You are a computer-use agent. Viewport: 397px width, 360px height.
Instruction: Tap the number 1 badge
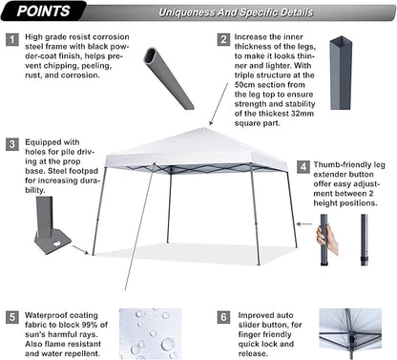(x=11, y=40)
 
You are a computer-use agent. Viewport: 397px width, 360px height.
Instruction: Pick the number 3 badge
(x=11, y=144)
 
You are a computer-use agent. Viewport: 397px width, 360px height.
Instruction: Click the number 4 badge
(x=303, y=165)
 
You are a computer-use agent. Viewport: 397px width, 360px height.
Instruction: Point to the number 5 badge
(x=11, y=315)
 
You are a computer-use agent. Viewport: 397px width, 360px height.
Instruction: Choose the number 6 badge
(x=222, y=315)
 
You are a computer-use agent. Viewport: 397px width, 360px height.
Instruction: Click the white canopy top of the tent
(x=196, y=151)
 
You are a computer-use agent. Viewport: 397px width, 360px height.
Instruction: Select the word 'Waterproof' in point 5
(x=49, y=311)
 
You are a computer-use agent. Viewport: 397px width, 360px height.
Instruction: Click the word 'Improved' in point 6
(x=256, y=311)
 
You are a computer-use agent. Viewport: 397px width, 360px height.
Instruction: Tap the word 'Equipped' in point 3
(x=49, y=144)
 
